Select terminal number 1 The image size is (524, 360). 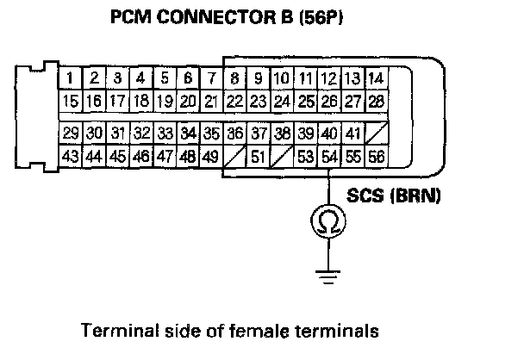coord(69,80)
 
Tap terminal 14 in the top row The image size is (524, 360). coord(375,80)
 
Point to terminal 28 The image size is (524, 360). coord(375,102)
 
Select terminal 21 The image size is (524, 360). coord(210,102)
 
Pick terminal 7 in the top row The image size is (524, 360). coord(211,80)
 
